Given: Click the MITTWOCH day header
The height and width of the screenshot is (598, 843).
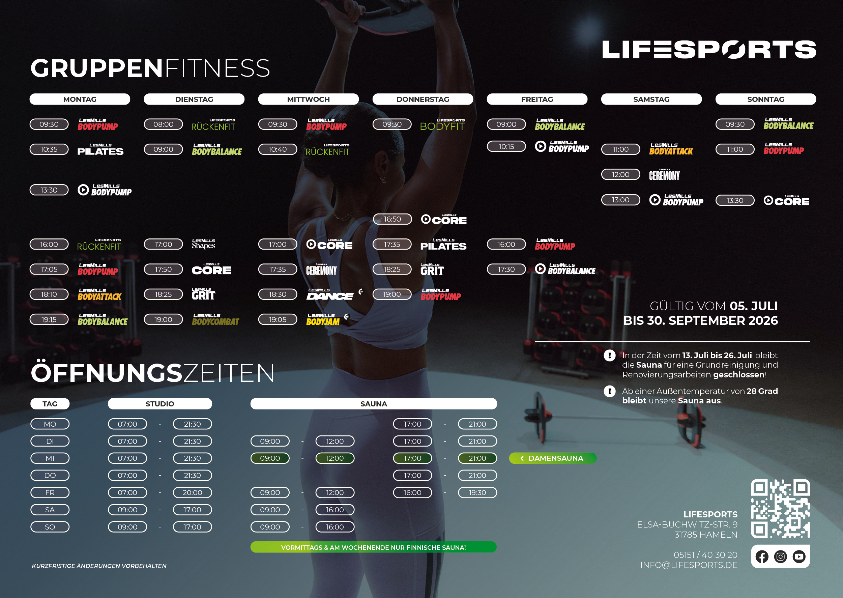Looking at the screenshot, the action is [x=308, y=99].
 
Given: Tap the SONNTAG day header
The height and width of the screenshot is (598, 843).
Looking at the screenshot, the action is [x=765, y=99].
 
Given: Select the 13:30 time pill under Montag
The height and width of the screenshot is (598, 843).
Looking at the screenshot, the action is [x=49, y=190].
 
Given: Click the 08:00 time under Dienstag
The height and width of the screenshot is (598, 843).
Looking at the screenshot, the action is [x=163, y=124].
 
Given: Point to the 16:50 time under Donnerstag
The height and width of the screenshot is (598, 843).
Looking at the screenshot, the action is [x=392, y=219].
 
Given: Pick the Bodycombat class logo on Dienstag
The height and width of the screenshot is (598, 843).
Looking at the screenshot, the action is [x=215, y=320].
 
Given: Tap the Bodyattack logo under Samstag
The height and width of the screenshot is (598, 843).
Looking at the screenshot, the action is [x=671, y=149].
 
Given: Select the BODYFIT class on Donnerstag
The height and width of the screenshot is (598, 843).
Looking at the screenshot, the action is [x=442, y=125].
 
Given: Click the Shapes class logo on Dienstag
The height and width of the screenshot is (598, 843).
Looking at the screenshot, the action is [x=204, y=244].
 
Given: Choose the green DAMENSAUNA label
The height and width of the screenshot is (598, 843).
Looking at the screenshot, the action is [x=553, y=458].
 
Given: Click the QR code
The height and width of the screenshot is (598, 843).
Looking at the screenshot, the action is [x=780, y=509].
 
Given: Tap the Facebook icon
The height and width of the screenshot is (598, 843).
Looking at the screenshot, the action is [x=762, y=557].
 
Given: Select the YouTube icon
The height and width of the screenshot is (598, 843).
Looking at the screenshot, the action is [x=799, y=557].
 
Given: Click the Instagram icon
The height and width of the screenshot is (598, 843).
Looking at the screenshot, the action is [x=780, y=557].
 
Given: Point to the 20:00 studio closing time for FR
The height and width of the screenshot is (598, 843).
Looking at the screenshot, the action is [x=192, y=493].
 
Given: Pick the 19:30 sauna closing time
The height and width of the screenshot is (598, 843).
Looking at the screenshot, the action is [x=477, y=493].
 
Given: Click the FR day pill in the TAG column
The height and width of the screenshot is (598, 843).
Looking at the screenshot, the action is [x=50, y=493].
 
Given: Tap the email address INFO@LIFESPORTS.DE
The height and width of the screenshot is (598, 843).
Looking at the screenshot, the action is [x=689, y=565].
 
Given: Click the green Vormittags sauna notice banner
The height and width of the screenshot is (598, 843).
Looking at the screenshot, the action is [x=373, y=547].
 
